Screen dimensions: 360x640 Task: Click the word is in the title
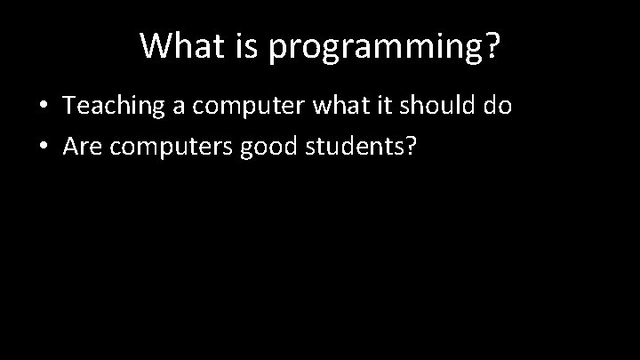244,46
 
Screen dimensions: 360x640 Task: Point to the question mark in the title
491,46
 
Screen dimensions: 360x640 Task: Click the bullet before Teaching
43,107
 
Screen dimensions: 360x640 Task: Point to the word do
499,107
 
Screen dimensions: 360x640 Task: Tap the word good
269,147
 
